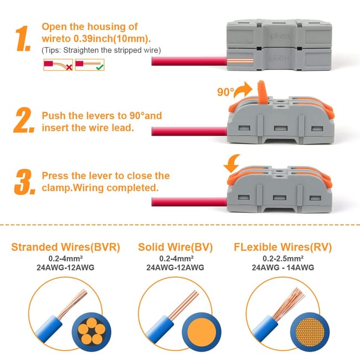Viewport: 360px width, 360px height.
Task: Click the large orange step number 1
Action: [24, 38]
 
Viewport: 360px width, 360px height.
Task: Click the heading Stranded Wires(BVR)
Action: [65, 247]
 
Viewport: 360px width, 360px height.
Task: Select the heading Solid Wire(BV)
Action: [175, 247]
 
